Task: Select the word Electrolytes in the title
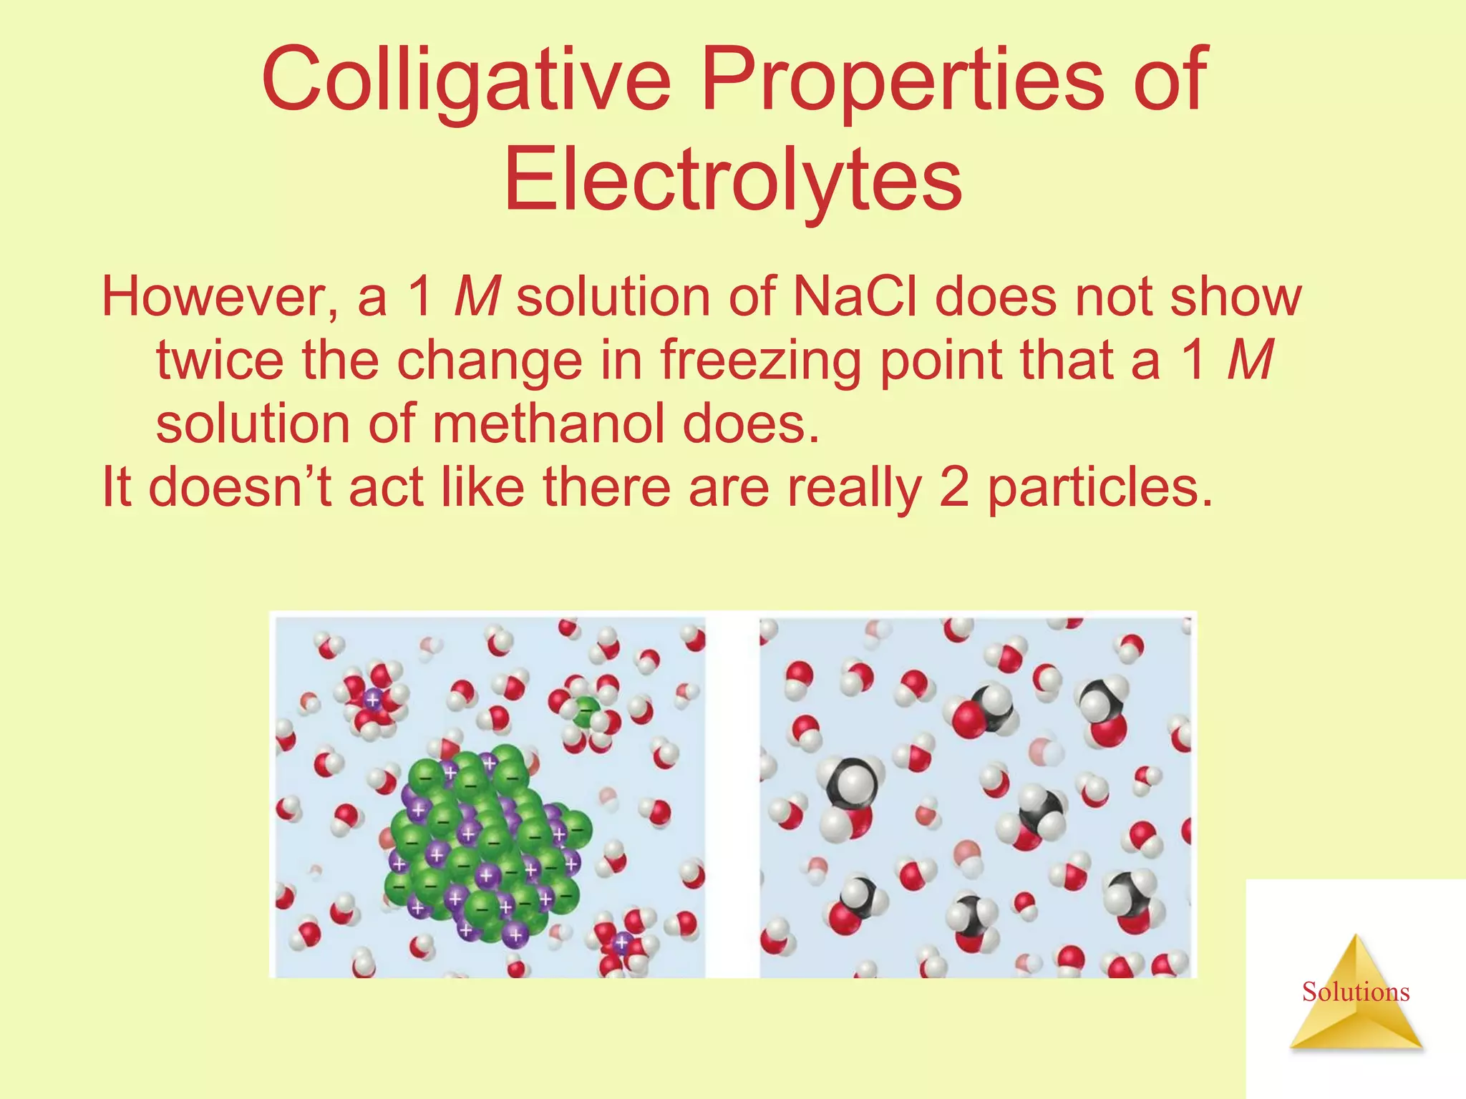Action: tap(733, 179)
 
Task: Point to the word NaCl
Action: tap(855, 296)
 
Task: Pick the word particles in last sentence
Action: tap(1099, 487)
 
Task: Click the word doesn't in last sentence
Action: tap(240, 487)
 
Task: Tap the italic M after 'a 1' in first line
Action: tap(477, 296)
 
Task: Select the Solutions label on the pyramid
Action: tap(1356, 992)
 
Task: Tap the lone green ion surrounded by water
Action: tap(586, 711)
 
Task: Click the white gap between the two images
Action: tap(732, 794)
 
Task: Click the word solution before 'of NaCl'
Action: tap(613, 296)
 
